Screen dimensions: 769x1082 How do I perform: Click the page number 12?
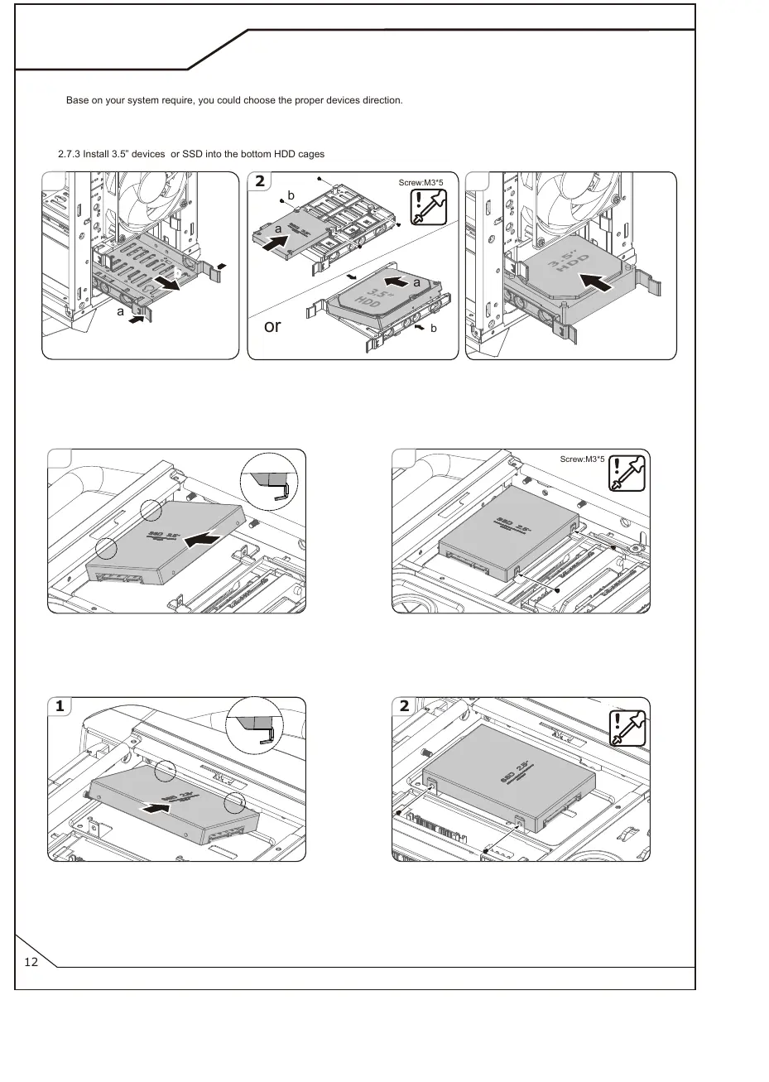click(x=32, y=962)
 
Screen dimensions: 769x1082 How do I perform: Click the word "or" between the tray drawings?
click(x=272, y=326)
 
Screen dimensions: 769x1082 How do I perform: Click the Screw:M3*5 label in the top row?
click(x=422, y=181)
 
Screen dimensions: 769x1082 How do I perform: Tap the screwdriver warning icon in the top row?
click(x=430, y=207)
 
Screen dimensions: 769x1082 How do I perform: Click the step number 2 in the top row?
click(x=260, y=182)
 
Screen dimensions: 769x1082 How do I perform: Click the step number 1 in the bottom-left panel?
click(x=60, y=707)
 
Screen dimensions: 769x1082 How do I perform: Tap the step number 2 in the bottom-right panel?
click(x=403, y=707)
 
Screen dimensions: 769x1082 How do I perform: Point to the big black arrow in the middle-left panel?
click(x=204, y=539)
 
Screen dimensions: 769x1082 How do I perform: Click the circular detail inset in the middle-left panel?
click(x=267, y=483)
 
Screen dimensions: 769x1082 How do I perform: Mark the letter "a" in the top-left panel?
click(x=121, y=312)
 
